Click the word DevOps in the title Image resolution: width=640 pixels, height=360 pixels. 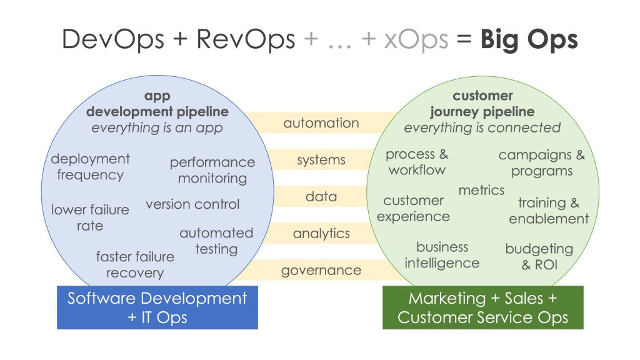[113, 39]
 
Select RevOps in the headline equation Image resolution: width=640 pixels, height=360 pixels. [246, 39]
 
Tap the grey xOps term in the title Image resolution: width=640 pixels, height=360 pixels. [416, 39]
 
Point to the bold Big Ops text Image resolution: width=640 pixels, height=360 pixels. [529, 39]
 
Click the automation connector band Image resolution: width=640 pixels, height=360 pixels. [321, 123]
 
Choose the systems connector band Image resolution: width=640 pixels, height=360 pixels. [321, 159]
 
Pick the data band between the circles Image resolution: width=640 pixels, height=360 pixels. [321, 196]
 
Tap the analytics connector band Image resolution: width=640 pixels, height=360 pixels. [321, 233]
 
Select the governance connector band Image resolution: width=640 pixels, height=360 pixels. [321, 270]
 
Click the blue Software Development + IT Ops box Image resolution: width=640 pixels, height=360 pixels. [157, 307]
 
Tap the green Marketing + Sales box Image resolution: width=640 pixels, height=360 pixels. [483, 307]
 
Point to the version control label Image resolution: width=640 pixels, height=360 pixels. [192, 204]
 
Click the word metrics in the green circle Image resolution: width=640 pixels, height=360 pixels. [481, 190]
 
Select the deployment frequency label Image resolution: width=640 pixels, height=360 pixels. [90, 166]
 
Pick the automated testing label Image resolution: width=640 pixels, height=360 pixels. [216, 241]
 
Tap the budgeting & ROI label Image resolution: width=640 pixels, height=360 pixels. [539, 257]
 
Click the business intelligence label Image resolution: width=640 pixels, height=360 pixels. [442, 255]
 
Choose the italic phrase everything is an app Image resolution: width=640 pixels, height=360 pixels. [157, 127]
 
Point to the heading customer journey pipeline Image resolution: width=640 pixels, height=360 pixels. [482, 104]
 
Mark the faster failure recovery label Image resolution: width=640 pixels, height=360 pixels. [135, 264]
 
